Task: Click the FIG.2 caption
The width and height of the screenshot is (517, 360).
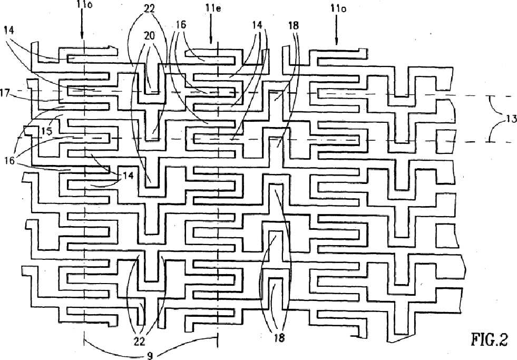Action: tap(489, 339)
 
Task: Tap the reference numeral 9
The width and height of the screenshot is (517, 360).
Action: tap(150, 355)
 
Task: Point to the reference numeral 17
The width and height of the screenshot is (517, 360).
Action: tap(5, 93)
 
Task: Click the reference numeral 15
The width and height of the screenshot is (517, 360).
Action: tap(47, 131)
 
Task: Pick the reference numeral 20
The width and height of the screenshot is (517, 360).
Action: tap(149, 36)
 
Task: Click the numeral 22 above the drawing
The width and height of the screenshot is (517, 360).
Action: tap(149, 8)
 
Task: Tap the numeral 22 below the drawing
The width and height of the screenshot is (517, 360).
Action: tap(140, 342)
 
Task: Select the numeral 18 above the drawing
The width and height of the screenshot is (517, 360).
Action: tap(293, 25)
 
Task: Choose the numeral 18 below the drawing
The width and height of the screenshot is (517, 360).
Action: tap(279, 337)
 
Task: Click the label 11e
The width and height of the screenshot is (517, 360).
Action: tap(213, 7)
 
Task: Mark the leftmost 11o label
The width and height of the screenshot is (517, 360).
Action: tap(84, 5)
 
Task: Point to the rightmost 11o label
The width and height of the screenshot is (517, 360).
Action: tap(338, 8)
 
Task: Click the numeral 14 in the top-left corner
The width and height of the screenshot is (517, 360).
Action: tap(9, 31)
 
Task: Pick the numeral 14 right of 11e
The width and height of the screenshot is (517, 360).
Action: tap(257, 25)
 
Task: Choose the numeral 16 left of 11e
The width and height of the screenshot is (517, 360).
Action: tap(181, 24)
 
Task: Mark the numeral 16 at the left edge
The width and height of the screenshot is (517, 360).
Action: tap(9, 161)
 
